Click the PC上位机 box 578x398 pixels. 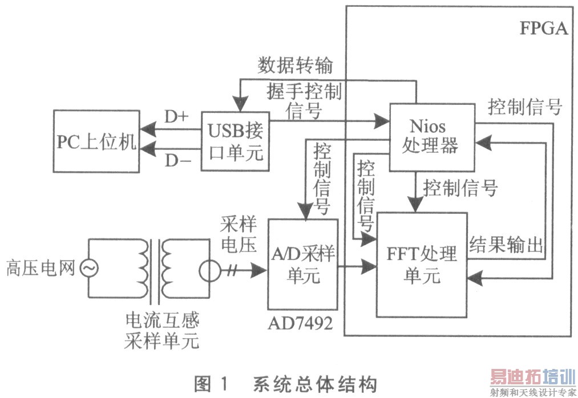click(96, 141)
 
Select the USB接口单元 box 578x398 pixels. click(235, 141)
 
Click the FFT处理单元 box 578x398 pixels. click(422, 264)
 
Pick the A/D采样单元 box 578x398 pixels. click(302, 264)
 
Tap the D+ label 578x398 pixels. click(176, 116)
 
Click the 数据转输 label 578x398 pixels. click(295, 66)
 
